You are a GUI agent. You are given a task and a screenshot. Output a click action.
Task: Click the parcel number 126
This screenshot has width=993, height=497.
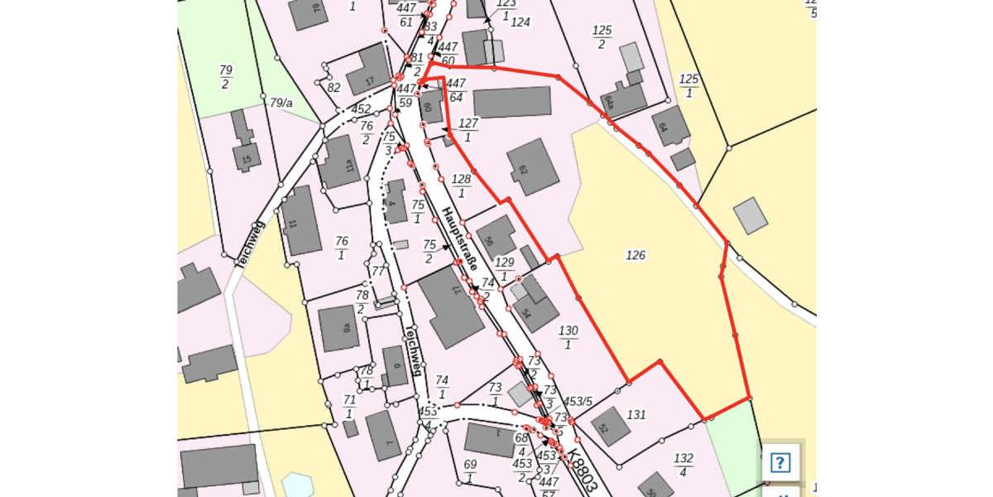pyautogui.click(x=635, y=256)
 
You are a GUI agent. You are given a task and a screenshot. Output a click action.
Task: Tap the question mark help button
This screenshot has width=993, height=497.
pyautogui.click(x=780, y=462)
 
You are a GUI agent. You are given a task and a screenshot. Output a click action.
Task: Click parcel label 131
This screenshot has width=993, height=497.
pyautogui.click(x=636, y=414)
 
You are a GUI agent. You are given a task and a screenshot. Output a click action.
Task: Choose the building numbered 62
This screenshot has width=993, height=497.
pyautogui.click(x=532, y=166)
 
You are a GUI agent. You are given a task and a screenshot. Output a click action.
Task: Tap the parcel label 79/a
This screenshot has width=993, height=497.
pyautogui.click(x=281, y=104)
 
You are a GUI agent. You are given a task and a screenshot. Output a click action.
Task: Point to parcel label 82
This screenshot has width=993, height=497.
pyautogui.click(x=333, y=88)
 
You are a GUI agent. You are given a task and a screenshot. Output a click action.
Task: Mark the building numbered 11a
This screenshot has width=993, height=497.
pyautogui.click(x=339, y=164)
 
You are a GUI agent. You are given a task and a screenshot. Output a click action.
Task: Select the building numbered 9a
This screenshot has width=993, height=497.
pyautogui.click(x=339, y=328)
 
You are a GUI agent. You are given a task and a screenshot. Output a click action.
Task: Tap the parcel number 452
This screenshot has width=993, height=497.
pyautogui.click(x=361, y=109)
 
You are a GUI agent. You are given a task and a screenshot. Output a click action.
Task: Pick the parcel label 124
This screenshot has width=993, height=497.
pyautogui.click(x=520, y=22)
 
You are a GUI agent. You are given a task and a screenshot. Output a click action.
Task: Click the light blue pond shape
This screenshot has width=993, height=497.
pyautogui.click(x=297, y=485)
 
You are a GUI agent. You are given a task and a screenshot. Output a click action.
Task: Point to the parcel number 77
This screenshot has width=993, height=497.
pyautogui.click(x=378, y=271)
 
